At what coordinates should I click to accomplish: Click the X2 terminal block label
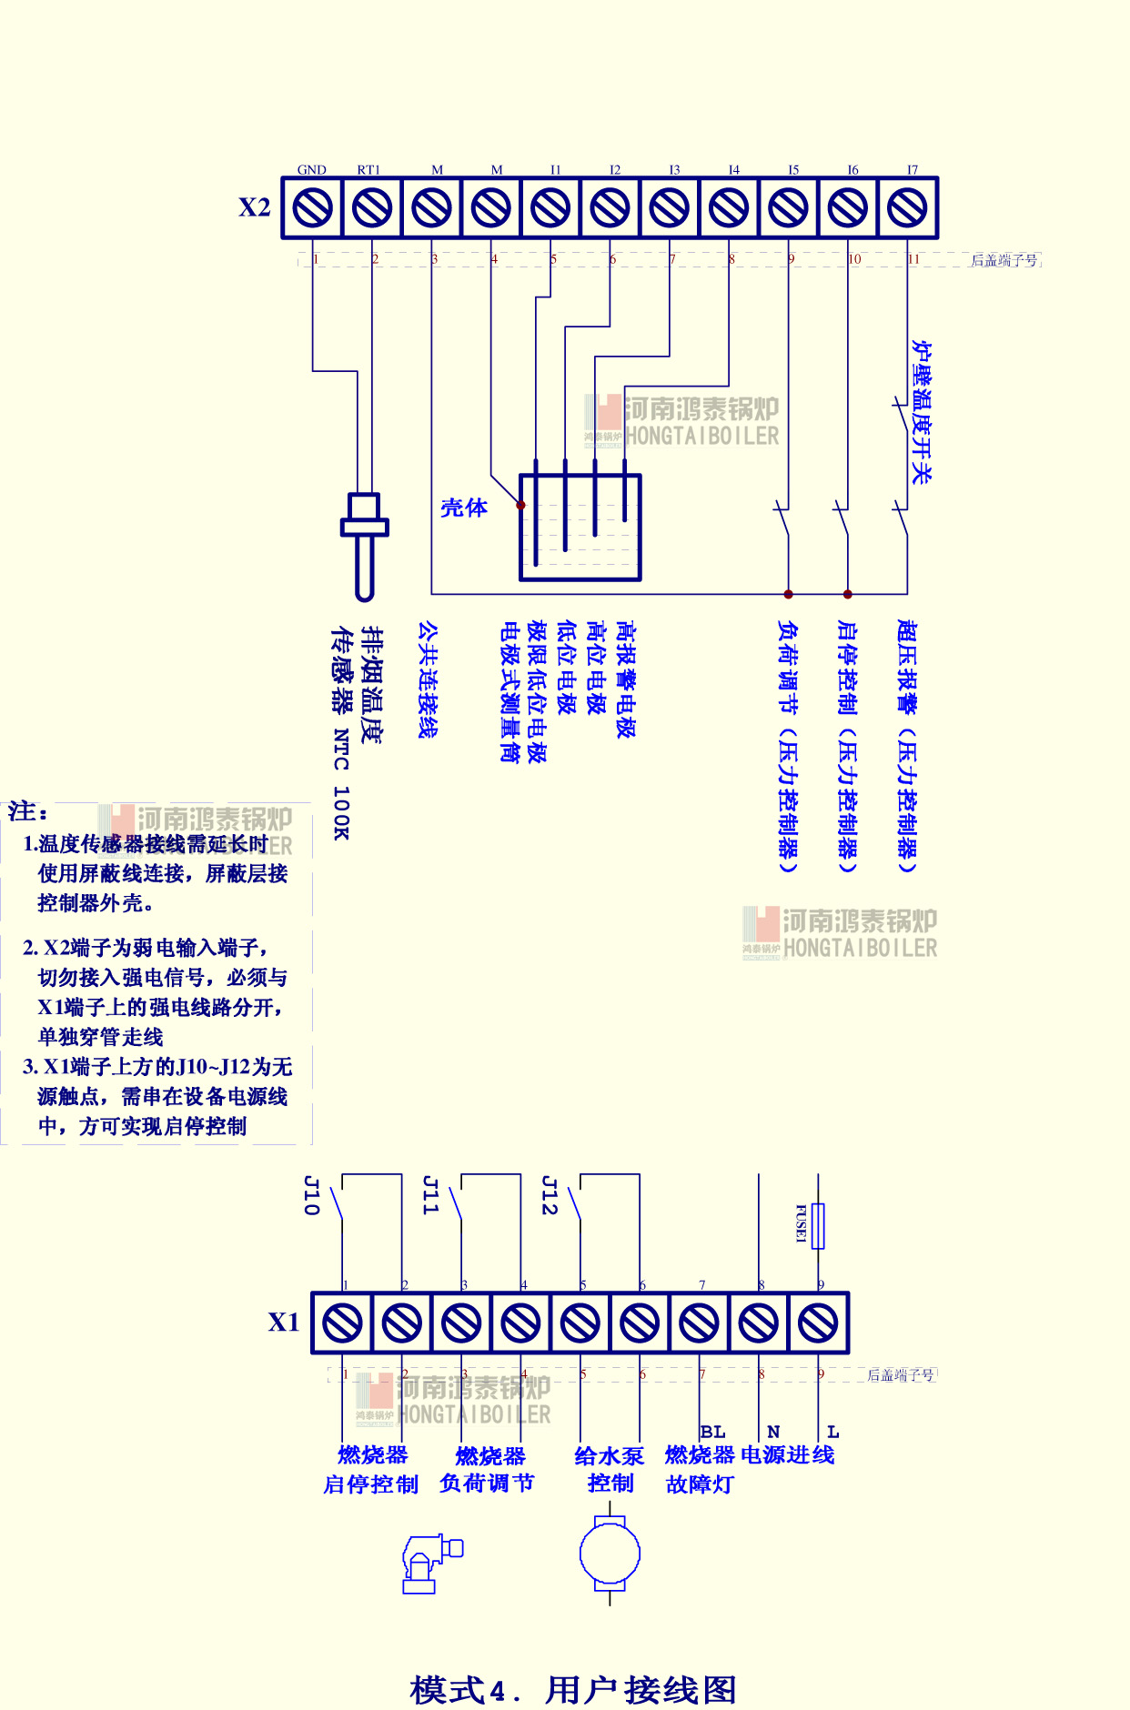point(255,207)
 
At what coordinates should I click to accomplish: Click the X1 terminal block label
point(283,1322)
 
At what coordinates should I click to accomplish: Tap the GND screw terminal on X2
point(312,207)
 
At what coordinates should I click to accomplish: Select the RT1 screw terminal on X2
point(371,207)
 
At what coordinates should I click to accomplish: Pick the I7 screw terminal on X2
point(907,207)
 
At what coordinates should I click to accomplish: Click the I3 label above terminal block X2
point(674,170)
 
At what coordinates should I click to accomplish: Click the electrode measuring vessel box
point(580,528)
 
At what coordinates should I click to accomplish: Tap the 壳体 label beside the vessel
point(464,508)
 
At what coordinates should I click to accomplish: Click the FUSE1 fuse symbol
point(818,1225)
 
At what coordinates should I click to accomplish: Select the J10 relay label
point(311,1195)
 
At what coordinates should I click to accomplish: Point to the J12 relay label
point(549,1195)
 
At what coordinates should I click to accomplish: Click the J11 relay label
point(430,1195)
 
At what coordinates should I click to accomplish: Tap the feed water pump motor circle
point(610,1554)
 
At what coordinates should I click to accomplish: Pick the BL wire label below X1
point(712,1432)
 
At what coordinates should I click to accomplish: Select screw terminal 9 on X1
point(818,1323)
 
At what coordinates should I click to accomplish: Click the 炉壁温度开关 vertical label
point(922,412)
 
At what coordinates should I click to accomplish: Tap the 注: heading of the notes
point(28,810)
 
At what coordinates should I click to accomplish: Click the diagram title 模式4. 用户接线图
point(572,1689)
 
